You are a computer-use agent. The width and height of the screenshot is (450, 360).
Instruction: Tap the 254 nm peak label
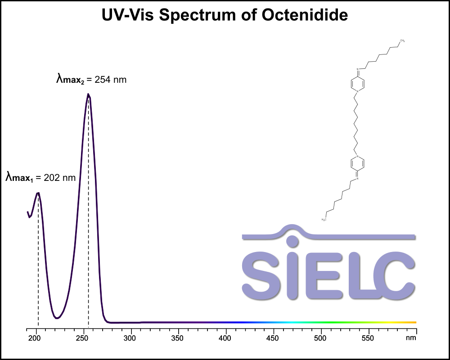[91, 80]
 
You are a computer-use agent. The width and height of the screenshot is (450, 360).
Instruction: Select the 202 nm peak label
[40, 177]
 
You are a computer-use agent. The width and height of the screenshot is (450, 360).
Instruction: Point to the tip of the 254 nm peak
[88, 94]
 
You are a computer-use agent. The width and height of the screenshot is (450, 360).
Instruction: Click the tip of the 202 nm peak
[38, 193]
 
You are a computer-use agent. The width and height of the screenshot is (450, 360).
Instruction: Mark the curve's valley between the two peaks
[57, 318]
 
